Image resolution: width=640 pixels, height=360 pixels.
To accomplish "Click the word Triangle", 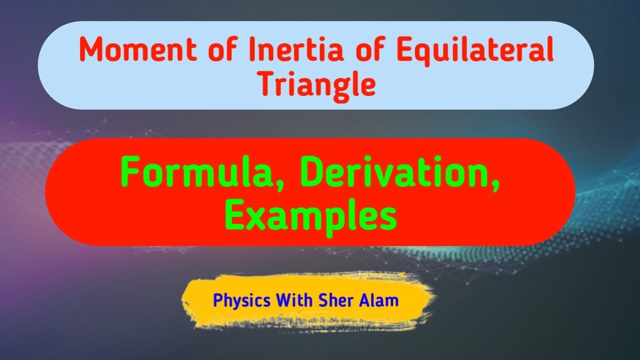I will tap(317, 84).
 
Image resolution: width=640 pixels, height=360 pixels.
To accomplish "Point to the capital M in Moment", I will tap(92, 50).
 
